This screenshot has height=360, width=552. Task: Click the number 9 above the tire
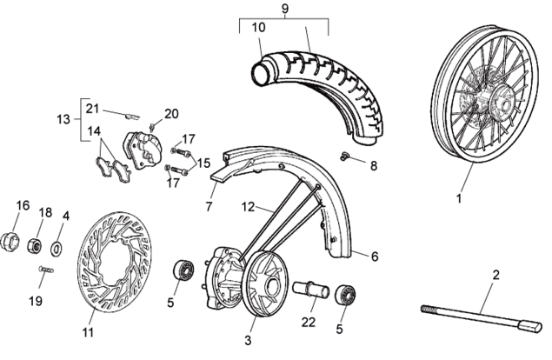(x=284, y=10)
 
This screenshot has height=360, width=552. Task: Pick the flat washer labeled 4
(x=57, y=249)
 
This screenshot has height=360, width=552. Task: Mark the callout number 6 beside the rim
(x=375, y=257)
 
